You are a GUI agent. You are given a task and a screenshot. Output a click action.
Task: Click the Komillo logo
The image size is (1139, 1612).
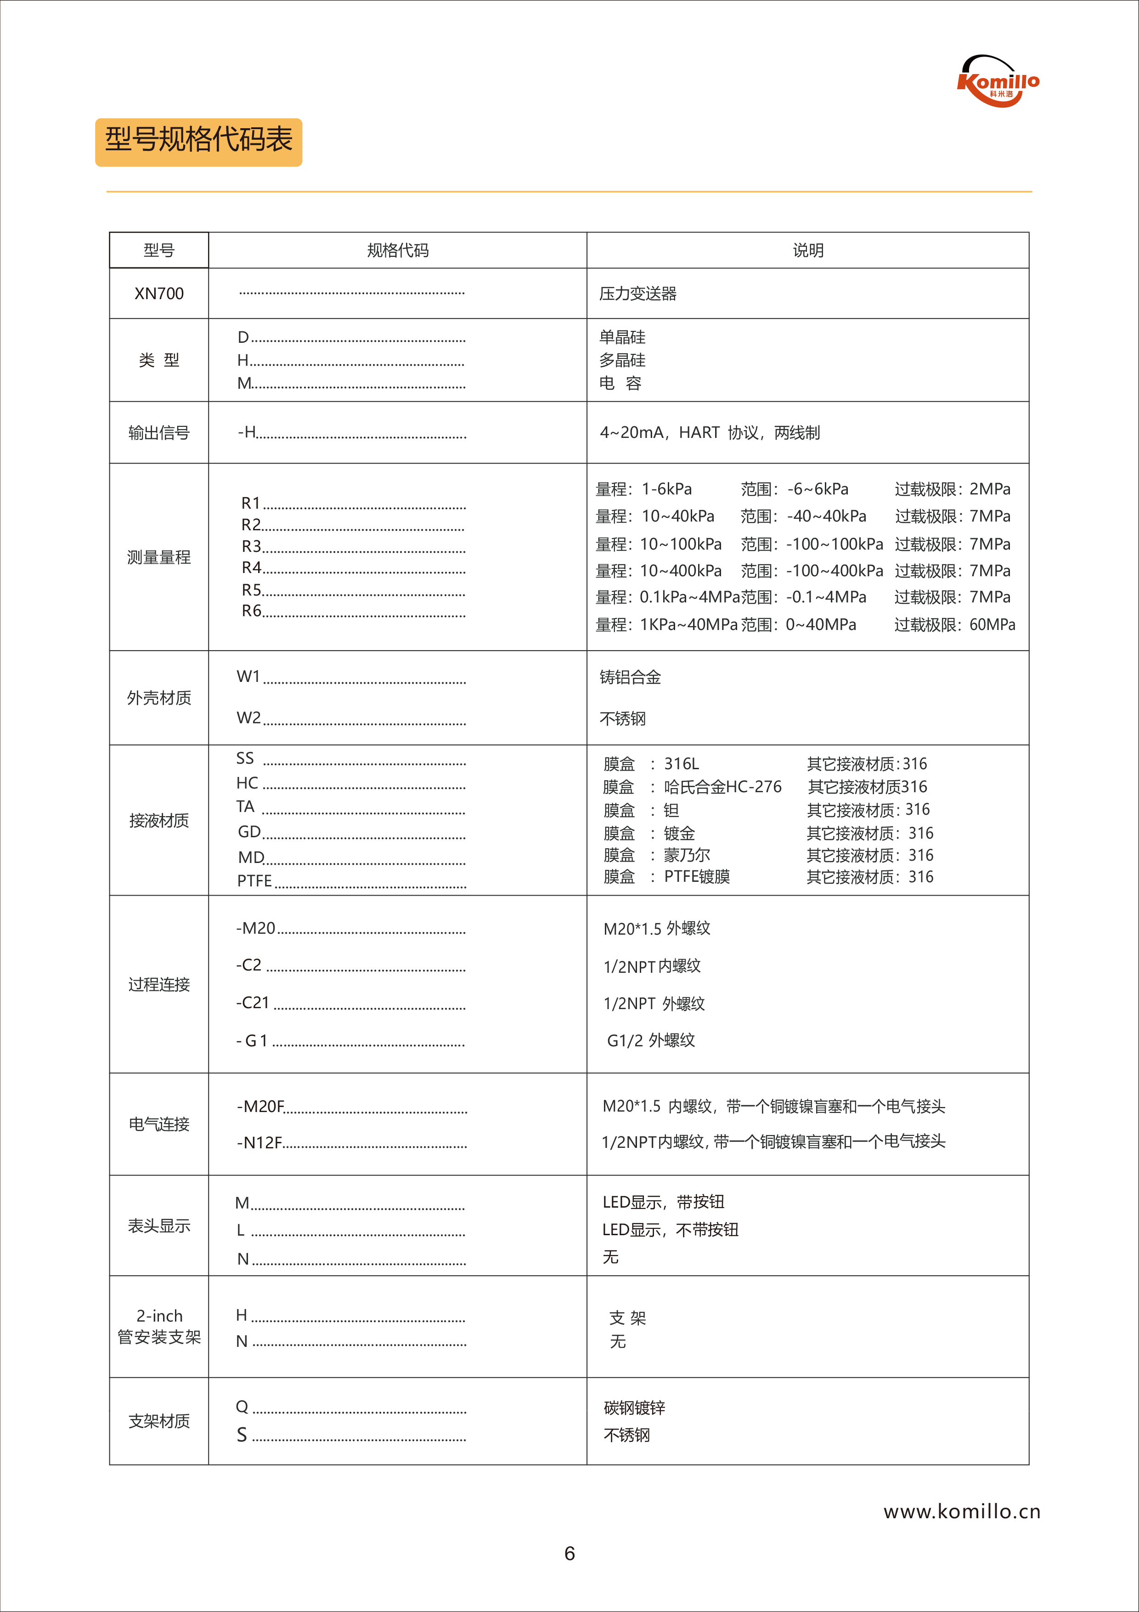click(998, 81)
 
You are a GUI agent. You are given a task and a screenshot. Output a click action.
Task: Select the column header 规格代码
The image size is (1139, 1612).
click(397, 250)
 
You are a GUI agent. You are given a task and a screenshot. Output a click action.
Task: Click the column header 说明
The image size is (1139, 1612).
click(808, 250)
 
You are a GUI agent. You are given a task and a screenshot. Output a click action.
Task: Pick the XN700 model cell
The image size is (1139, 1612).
click(159, 294)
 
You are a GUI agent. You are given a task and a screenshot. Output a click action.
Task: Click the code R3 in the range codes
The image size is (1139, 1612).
click(251, 546)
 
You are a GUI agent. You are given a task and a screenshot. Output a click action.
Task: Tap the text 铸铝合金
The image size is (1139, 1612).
click(630, 677)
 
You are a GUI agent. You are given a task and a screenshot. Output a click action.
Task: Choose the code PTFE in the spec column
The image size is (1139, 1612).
click(254, 880)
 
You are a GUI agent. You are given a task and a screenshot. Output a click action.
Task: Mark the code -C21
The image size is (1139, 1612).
click(253, 1003)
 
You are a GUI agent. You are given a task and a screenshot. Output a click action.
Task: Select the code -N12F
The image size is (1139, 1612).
click(259, 1143)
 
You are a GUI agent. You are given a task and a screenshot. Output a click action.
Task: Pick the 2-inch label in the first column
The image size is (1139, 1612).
click(159, 1316)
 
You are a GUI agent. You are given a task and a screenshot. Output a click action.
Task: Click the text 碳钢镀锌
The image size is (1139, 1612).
click(634, 1408)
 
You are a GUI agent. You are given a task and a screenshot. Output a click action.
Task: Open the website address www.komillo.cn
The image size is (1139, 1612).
click(961, 1512)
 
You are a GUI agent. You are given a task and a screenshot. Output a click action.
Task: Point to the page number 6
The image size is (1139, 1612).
click(569, 1554)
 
